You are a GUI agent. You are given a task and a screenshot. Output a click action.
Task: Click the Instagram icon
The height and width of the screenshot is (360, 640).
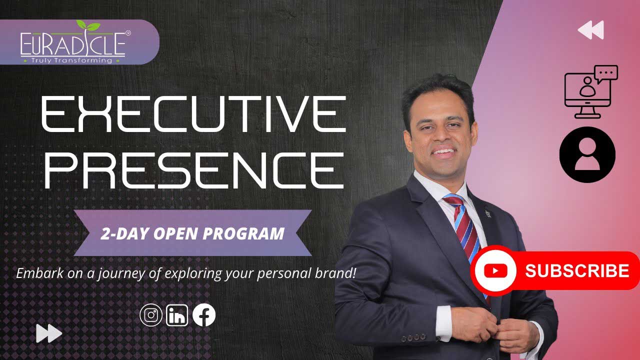coord(151,315)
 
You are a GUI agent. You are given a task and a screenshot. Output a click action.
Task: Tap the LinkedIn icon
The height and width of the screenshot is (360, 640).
coord(177,315)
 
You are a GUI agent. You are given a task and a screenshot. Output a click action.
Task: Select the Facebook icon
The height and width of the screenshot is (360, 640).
coord(203,315)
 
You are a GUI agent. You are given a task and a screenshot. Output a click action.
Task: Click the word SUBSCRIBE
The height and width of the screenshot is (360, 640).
coord(577,270)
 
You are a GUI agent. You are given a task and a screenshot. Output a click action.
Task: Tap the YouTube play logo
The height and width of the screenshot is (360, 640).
coord(495,270)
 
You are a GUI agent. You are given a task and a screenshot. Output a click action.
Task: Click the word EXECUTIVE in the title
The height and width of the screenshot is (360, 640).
coord(193,114)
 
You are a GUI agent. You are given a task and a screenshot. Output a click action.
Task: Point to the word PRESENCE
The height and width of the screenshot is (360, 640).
coord(193,170)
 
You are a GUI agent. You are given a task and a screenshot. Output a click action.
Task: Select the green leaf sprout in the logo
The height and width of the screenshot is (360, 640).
coord(88,25)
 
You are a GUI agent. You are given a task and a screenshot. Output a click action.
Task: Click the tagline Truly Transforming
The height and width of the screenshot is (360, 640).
coord(71,60)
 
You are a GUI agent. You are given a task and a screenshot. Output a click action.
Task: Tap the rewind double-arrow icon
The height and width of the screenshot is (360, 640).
coord(590,29)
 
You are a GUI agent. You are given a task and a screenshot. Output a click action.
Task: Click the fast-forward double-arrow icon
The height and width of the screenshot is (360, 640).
coord(49,333)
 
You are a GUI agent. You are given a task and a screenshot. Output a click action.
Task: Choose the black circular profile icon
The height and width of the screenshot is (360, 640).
coord(587,154)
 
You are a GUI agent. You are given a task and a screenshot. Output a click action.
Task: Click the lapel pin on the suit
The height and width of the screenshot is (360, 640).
coord(487,213)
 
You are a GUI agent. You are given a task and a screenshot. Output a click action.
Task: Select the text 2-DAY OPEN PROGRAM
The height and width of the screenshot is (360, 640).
coord(192,233)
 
